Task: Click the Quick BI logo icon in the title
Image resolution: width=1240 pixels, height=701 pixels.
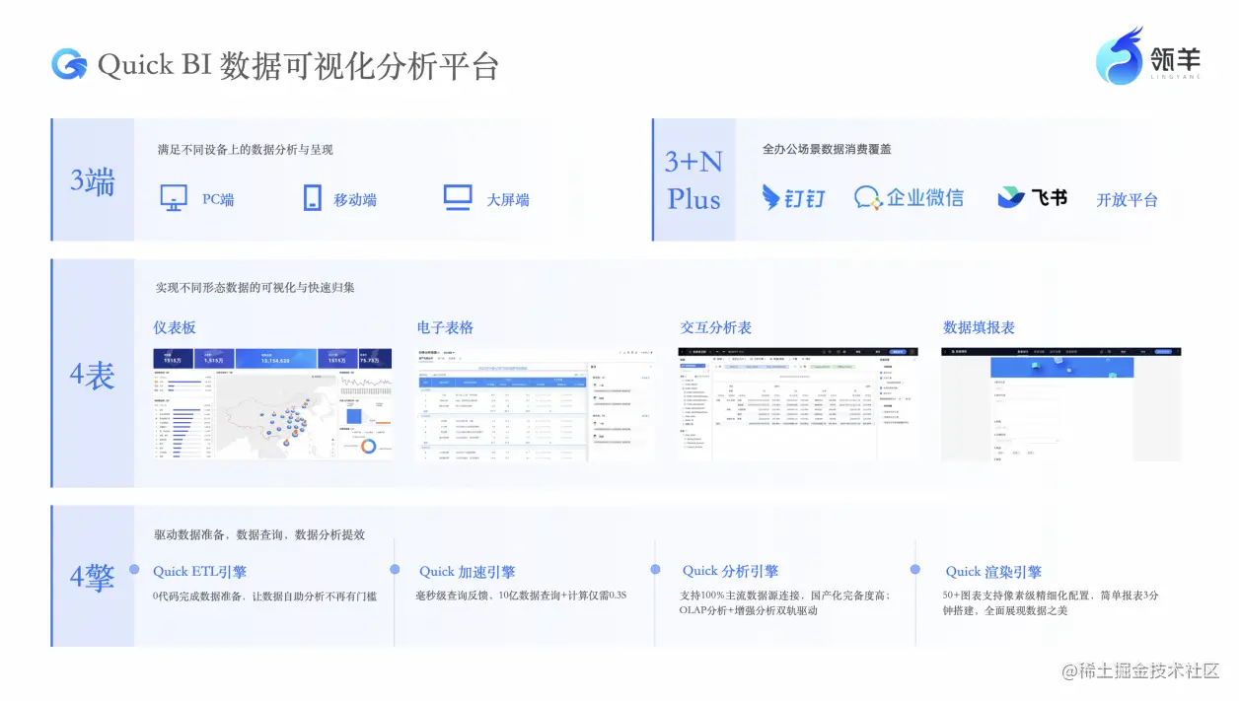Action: pyautogui.click(x=69, y=64)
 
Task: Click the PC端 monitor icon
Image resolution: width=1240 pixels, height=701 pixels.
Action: pyautogui.click(x=174, y=198)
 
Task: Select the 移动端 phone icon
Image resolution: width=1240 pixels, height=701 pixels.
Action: pyautogui.click(x=313, y=198)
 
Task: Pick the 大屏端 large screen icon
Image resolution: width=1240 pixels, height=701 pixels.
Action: pyautogui.click(x=458, y=198)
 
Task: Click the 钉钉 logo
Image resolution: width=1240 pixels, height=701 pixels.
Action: pyautogui.click(x=793, y=198)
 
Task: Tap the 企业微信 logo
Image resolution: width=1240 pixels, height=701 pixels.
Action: pyautogui.click(x=909, y=198)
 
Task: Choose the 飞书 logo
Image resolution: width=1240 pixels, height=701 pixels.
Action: pyautogui.click(x=1032, y=197)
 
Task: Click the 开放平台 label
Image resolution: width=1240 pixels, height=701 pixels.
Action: pyautogui.click(x=1127, y=200)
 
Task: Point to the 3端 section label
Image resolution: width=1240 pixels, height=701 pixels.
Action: pyautogui.click(x=93, y=181)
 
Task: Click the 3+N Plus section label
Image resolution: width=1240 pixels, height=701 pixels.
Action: pyautogui.click(x=693, y=179)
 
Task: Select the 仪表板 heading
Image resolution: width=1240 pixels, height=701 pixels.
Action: pyautogui.click(x=175, y=327)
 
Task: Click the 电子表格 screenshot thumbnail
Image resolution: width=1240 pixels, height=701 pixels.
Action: pyautogui.click(x=534, y=404)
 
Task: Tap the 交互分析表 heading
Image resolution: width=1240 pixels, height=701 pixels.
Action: pyautogui.click(x=715, y=327)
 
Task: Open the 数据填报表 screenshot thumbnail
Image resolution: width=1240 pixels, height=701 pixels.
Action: pyautogui.click(x=1060, y=404)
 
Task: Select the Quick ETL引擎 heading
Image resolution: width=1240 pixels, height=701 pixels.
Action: pyautogui.click(x=199, y=572)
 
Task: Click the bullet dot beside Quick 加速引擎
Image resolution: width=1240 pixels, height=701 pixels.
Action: pyautogui.click(x=395, y=570)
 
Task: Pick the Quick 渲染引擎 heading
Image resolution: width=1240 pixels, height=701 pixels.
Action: pyautogui.click(x=993, y=572)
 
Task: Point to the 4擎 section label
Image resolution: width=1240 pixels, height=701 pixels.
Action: pyautogui.click(x=93, y=577)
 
